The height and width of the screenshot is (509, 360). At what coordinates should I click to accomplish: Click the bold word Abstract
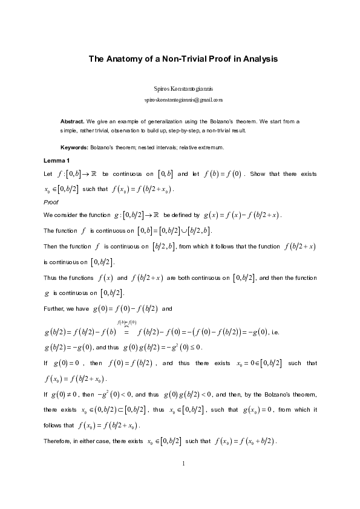(x=72, y=122)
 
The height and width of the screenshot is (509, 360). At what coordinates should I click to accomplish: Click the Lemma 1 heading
(x=57, y=160)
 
